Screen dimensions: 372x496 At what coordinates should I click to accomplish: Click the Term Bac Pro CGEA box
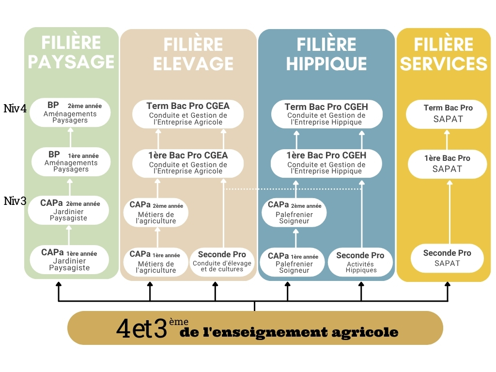[x=188, y=114]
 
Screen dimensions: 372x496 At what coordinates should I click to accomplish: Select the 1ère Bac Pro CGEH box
[x=326, y=163]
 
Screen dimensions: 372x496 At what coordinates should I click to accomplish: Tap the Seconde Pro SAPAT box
[x=447, y=258]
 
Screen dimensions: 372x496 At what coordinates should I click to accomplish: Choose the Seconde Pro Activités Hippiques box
[x=360, y=263]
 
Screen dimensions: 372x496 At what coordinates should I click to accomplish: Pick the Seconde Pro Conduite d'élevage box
[x=222, y=262]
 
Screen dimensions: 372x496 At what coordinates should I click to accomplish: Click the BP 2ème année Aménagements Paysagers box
[x=70, y=112]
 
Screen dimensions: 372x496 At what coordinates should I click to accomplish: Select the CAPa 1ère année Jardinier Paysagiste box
[x=69, y=260]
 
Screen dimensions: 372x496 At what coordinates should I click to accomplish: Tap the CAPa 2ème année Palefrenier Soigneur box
[x=294, y=212]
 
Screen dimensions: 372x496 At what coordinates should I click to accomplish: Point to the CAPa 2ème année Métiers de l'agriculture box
[x=156, y=212]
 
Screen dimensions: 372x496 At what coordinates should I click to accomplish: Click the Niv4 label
[x=15, y=108]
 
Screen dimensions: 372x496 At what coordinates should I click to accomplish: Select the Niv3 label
[x=15, y=201]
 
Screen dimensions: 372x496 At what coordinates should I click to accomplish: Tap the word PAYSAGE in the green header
[x=71, y=62]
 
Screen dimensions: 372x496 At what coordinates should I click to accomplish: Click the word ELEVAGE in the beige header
[x=193, y=63]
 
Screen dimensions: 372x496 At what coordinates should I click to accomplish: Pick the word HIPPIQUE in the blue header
[x=326, y=63]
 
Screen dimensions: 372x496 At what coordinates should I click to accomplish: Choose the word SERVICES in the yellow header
[x=444, y=63]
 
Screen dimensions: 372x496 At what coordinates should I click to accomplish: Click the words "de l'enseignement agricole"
[x=289, y=332]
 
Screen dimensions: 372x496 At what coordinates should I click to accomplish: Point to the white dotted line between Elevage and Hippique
[x=293, y=189]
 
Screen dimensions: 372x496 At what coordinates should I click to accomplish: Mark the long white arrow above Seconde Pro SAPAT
[x=448, y=211]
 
